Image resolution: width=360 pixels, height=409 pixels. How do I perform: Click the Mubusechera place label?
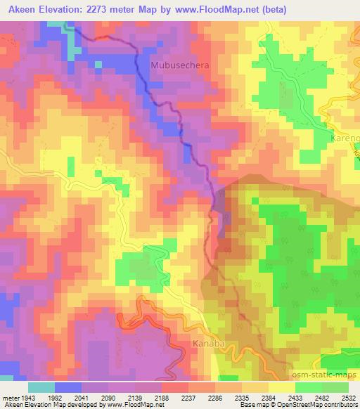click(181, 65)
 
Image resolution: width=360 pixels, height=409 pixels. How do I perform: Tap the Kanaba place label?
click(208, 344)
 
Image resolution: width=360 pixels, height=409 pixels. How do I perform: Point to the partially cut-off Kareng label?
click(344, 138)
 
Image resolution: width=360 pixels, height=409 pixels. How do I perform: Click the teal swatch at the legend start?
click(41, 387)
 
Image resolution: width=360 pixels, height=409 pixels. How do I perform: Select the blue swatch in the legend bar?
click(68, 387)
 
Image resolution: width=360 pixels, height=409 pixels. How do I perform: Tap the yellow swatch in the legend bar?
click(281, 387)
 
